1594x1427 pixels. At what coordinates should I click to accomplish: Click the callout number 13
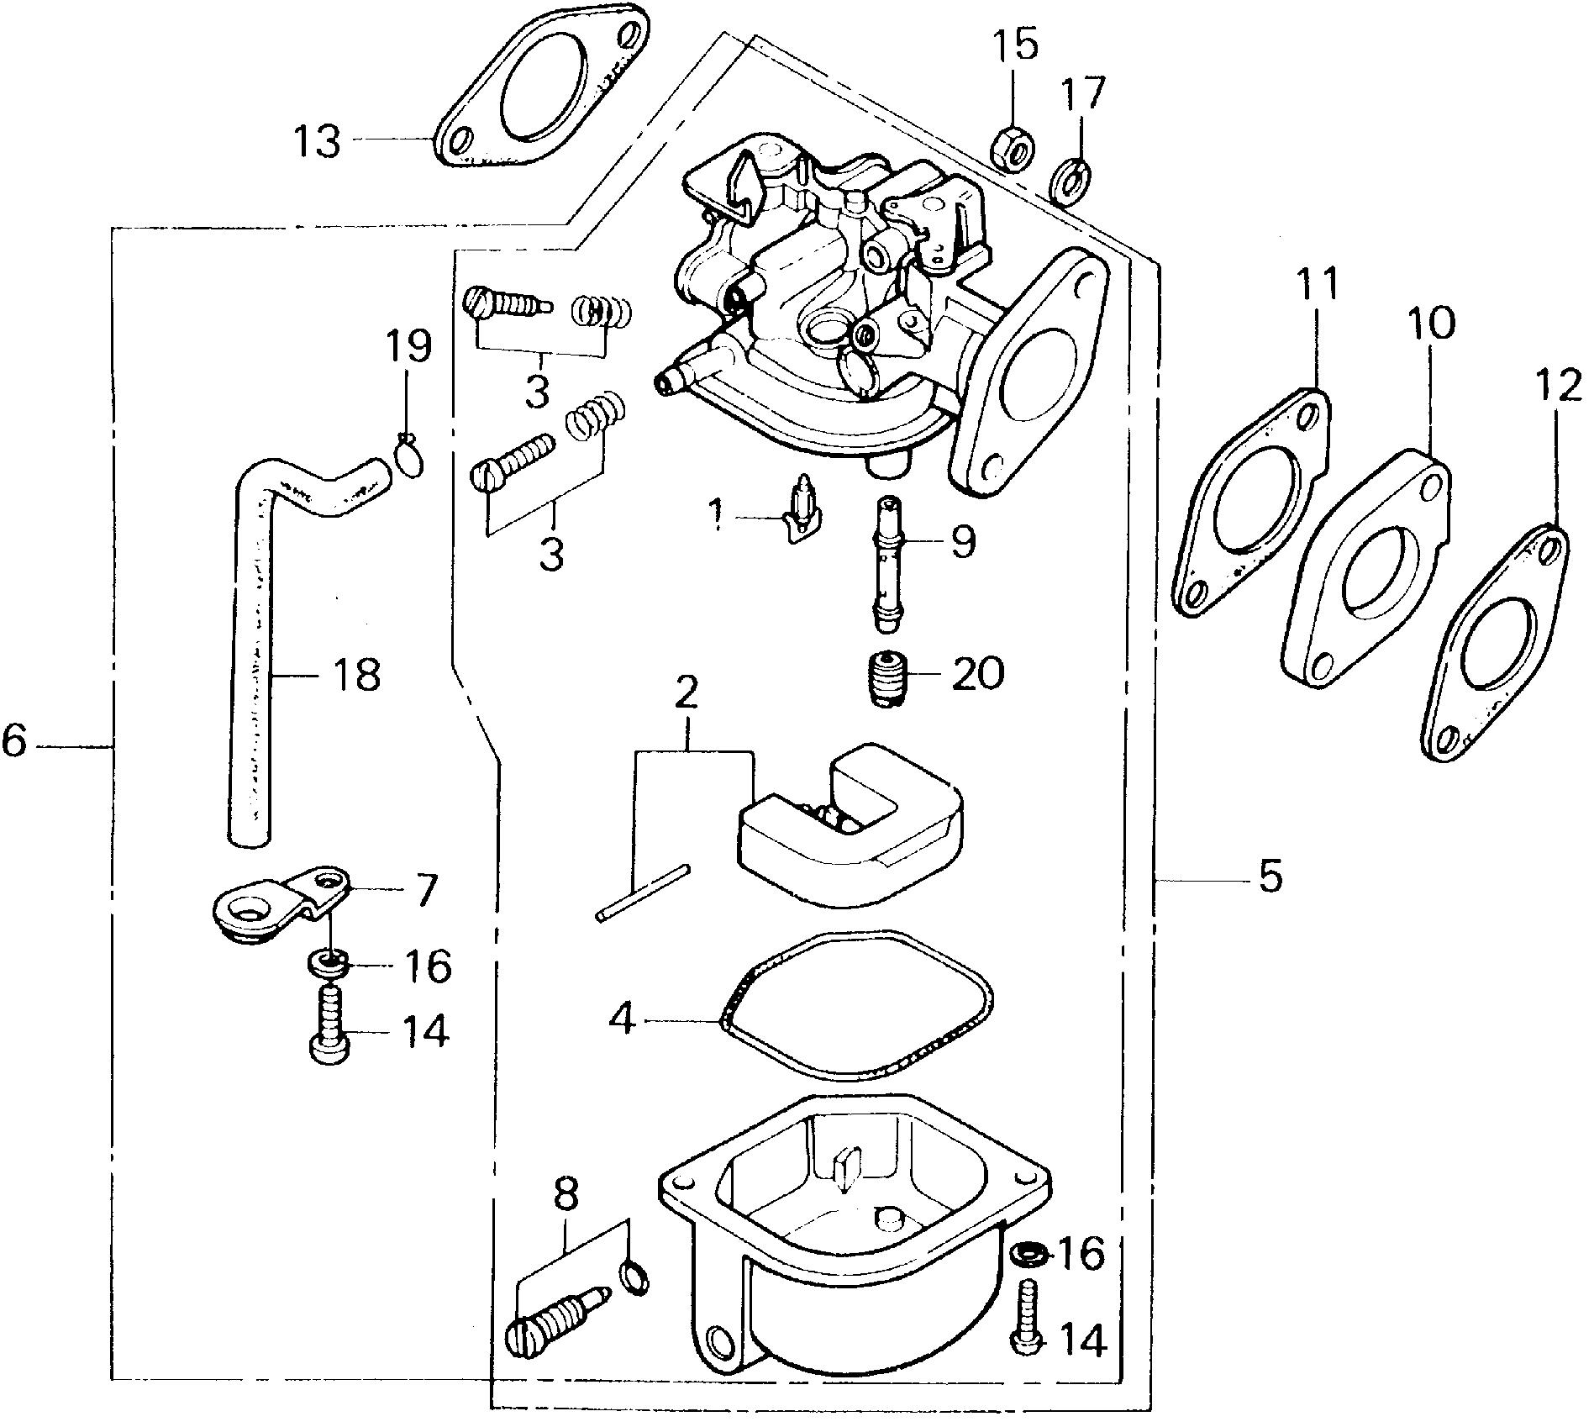(x=317, y=141)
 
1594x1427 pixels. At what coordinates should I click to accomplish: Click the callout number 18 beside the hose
(x=355, y=674)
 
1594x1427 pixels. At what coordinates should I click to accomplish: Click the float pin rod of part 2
(x=643, y=893)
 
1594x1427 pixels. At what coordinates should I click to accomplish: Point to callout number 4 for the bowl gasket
(x=622, y=1021)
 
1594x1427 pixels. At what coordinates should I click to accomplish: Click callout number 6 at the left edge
(x=14, y=742)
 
